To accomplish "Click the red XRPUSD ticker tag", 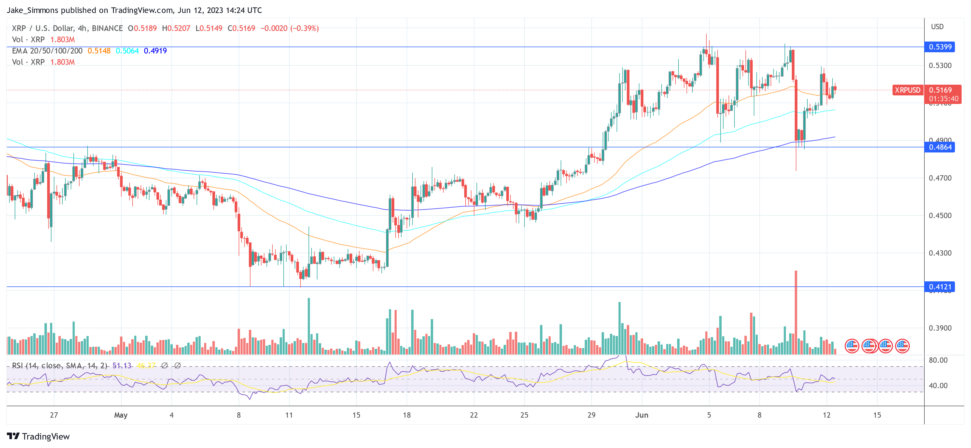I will pos(907,90).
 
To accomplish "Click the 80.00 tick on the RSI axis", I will pos(938,360).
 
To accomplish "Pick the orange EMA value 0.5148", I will pos(99,51).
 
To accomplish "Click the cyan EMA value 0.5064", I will pos(127,51).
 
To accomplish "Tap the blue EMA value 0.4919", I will pos(155,51).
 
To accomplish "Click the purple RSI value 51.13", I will pos(122,365).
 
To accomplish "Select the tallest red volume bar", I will pos(796,313).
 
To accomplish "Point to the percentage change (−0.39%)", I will pos(304,28).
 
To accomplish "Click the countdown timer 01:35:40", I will pos(943,99).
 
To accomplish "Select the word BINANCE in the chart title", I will pos(107,28).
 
